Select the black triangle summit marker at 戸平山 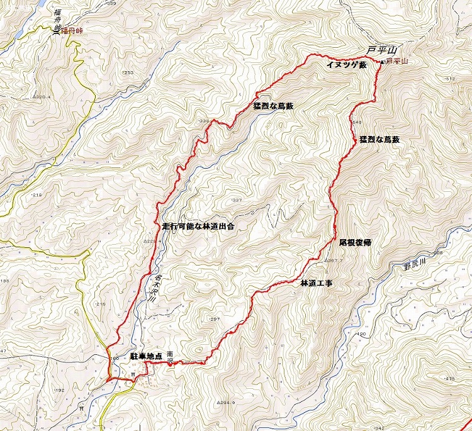click(x=383, y=61)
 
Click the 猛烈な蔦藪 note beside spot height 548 click(x=379, y=139)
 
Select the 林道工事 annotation click(x=316, y=283)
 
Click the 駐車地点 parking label click(x=146, y=357)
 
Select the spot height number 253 click(x=130, y=74)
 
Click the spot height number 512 click(x=449, y=79)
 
